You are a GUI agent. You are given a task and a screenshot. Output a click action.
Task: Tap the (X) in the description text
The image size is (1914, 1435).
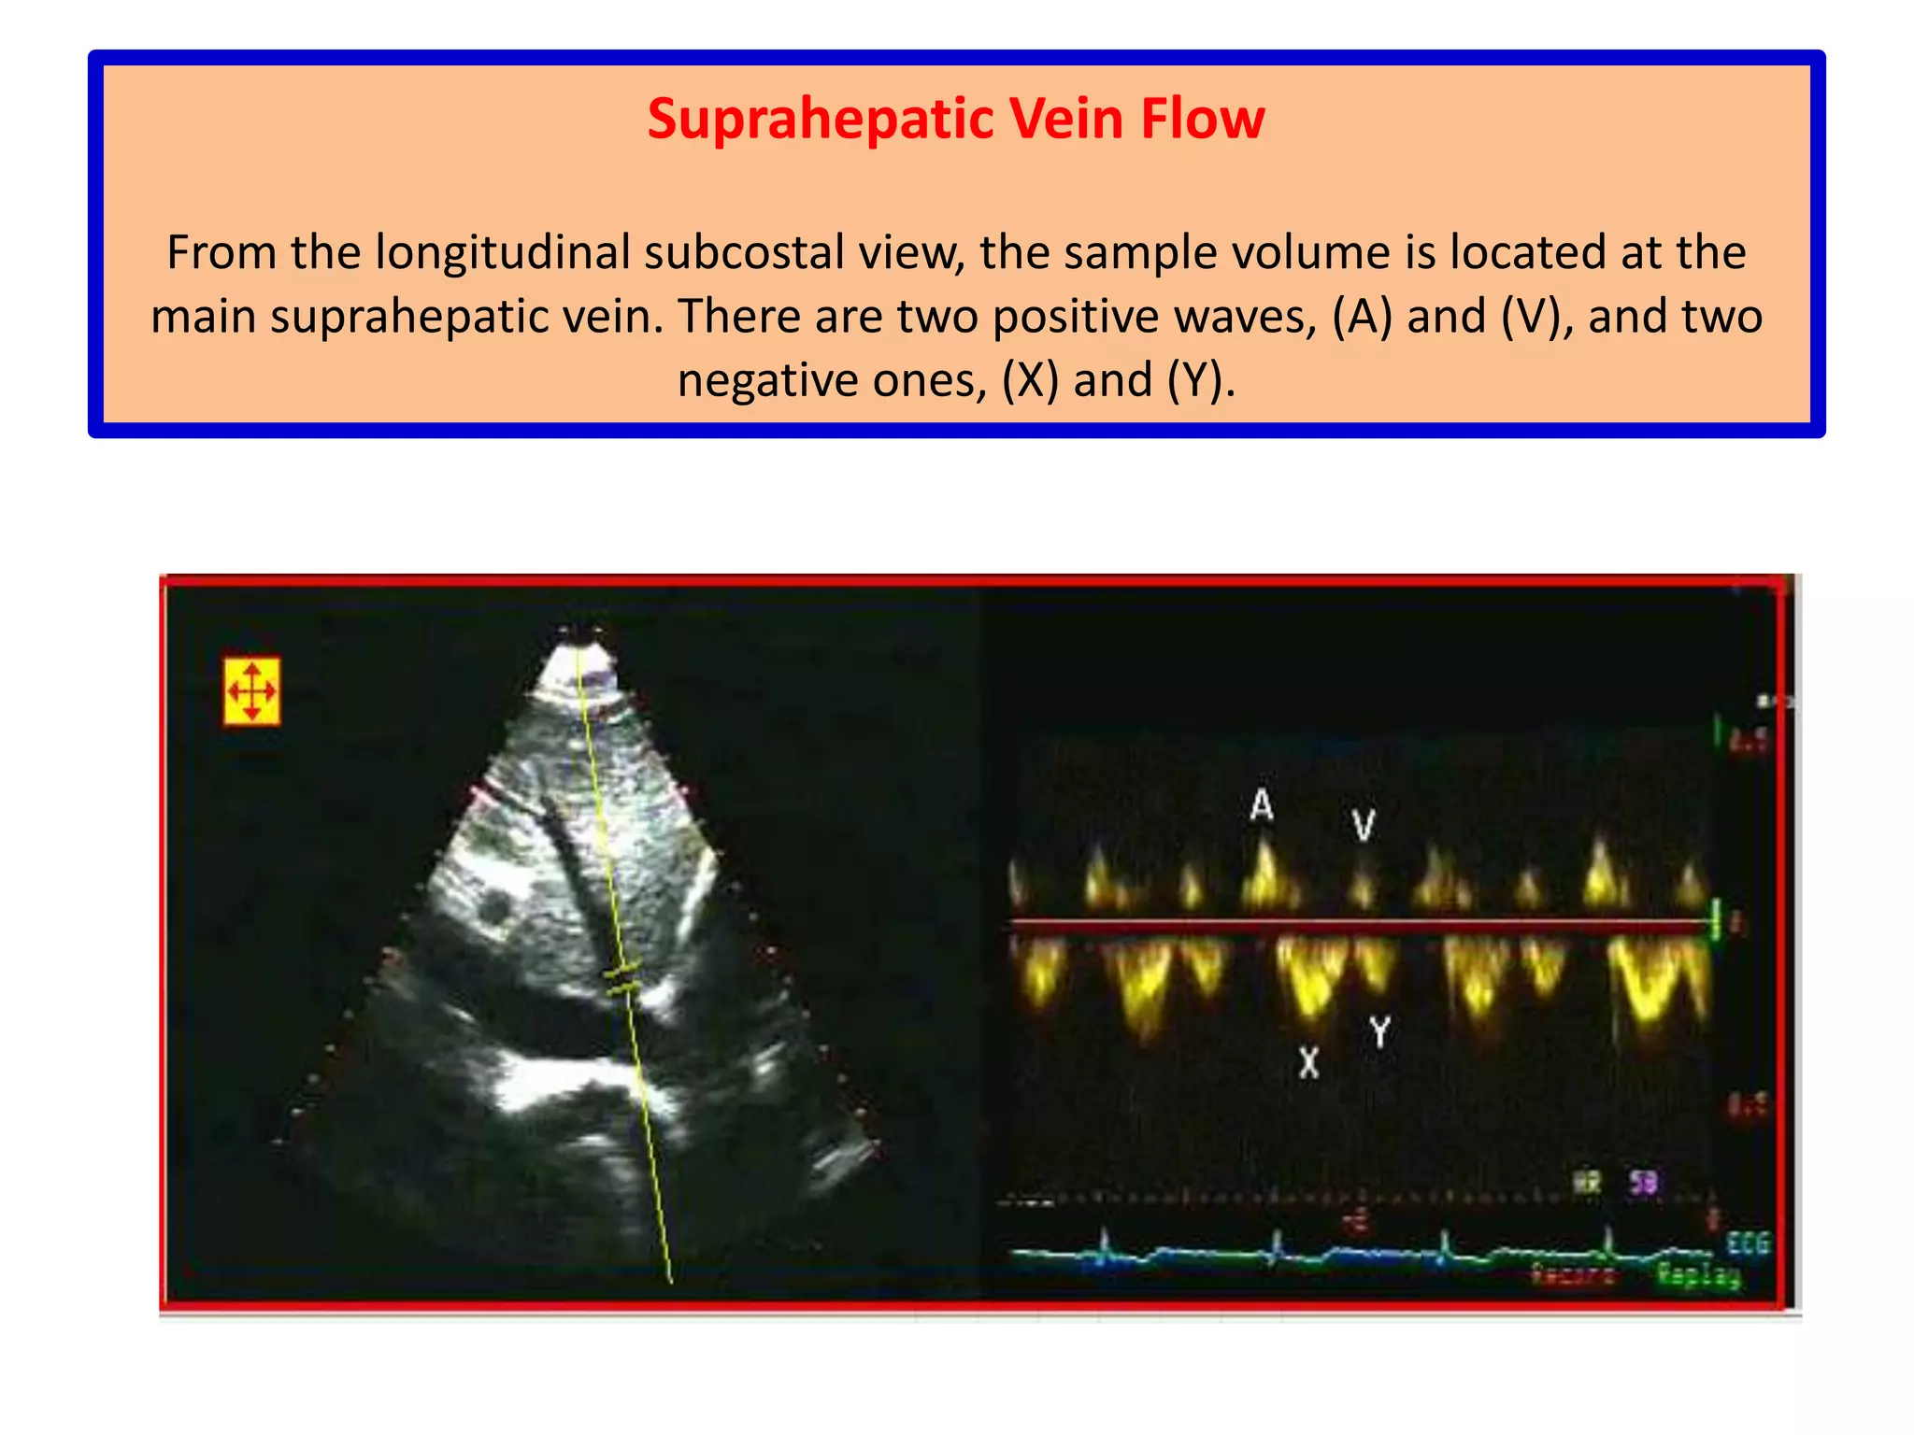click(x=1030, y=380)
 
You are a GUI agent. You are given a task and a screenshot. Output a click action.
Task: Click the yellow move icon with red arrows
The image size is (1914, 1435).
click(x=251, y=691)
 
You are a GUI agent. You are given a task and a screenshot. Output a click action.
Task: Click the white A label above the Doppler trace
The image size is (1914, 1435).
click(x=1262, y=804)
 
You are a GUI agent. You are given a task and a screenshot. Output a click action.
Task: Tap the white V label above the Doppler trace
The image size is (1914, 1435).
click(x=1364, y=825)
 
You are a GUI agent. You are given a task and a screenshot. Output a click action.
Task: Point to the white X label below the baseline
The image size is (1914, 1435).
click(x=1309, y=1062)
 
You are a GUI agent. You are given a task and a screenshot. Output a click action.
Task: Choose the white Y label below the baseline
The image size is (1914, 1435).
click(x=1379, y=1032)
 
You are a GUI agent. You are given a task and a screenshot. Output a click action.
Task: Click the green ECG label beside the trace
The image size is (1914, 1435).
click(x=1748, y=1243)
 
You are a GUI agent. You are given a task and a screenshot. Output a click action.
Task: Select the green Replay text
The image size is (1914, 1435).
click(x=1698, y=1274)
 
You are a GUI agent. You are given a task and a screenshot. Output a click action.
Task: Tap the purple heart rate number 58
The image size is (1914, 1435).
click(x=1644, y=1183)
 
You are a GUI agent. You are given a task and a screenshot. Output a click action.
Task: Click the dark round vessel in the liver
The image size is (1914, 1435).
click(x=493, y=908)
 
